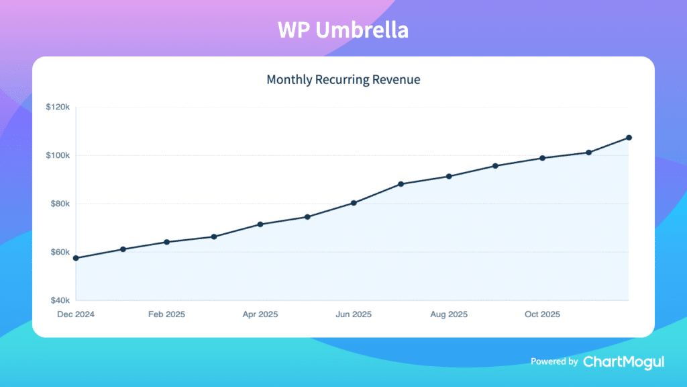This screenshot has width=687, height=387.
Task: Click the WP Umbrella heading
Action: tap(343, 30)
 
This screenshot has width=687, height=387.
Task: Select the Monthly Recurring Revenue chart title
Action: tap(343, 79)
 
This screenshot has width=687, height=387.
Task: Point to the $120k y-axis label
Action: tap(58, 107)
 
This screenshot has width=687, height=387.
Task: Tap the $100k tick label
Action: tap(58, 155)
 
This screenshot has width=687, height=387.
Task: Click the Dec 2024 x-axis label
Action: tap(76, 314)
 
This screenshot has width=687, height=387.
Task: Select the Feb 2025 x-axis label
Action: tap(166, 314)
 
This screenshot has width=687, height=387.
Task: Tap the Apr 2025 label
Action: tap(260, 314)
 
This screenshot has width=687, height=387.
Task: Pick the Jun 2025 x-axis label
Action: tap(354, 314)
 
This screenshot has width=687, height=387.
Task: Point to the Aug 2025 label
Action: tap(449, 314)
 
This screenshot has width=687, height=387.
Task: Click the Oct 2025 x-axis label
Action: tap(542, 314)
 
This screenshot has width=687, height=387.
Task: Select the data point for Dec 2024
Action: tap(76, 258)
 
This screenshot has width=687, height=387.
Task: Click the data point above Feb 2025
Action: tap(166, 242)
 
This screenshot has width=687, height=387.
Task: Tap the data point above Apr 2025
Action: tap(260, 224)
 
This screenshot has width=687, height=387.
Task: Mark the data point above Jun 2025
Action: tap(354, 203)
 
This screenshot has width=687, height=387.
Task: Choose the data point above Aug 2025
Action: tap(449, 177)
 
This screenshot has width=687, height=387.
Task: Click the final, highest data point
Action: tap(629, 138)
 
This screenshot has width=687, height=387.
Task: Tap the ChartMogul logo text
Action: tap(623, 361)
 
